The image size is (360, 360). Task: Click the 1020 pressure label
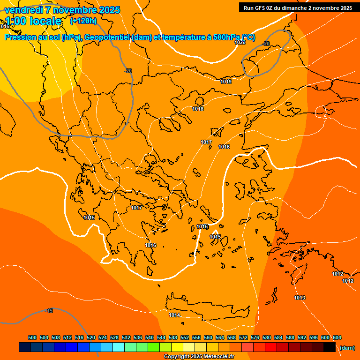240,42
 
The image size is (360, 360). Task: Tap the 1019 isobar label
226,82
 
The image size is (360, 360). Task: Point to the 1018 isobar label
198,109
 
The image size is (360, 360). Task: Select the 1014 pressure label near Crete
174,315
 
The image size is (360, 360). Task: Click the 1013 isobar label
300,298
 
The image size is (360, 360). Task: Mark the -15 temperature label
49,311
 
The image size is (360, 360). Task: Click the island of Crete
206,307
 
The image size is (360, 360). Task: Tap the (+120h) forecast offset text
83,21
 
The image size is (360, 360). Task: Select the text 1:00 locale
34,21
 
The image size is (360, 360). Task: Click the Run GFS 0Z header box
297,7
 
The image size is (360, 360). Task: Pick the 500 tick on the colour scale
32,337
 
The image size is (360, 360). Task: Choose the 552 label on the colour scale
185,337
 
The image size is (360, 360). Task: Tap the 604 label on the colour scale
337,337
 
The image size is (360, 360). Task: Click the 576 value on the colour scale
255,337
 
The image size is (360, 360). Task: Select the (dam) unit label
347,348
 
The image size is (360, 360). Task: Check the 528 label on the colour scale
114,337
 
